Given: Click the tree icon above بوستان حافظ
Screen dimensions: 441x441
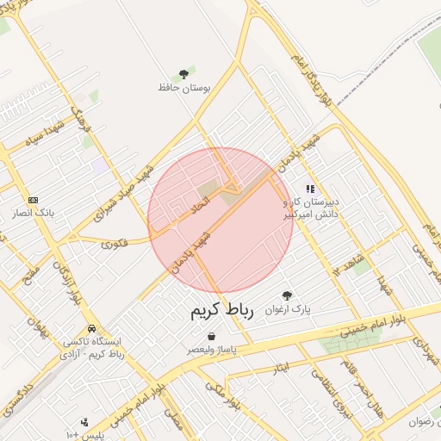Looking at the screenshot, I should (183, 75).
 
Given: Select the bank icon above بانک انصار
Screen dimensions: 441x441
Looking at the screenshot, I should (34, 200).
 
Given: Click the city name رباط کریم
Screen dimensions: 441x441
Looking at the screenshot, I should (221, 311).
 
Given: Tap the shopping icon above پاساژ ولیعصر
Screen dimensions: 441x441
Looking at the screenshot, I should (212, 337).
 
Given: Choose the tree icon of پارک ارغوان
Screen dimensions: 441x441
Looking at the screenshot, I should (287, 295).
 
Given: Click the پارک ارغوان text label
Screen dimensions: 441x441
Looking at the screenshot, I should (288, 308).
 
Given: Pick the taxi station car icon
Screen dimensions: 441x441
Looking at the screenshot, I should (91, 329).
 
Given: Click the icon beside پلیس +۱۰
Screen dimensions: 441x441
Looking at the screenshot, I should (84, 422).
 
